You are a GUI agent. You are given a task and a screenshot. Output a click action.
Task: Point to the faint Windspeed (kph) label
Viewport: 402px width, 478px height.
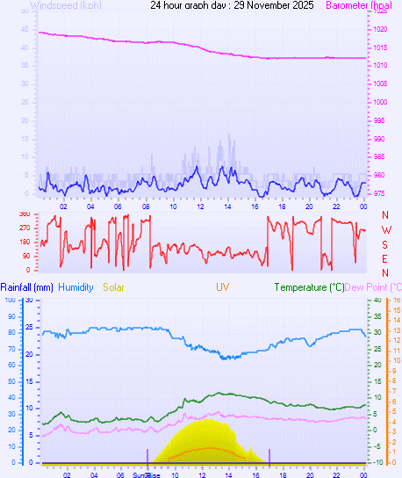coord(65,5)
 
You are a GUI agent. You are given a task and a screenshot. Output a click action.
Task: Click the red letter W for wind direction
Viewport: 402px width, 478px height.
coord(385,229)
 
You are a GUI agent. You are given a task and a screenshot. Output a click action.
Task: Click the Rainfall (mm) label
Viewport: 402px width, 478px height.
coord(26,287)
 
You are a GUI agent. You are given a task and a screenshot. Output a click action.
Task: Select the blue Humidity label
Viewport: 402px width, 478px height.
coord(75,287)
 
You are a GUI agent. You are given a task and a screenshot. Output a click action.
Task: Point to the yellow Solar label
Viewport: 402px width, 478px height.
coord(113,287)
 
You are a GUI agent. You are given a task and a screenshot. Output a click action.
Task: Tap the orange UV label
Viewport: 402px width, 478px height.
coord(222,287)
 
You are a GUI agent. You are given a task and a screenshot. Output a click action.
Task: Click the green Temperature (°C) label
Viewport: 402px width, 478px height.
coord(309,287)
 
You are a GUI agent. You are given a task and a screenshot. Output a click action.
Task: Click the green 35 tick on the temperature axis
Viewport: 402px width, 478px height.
coord(377,315)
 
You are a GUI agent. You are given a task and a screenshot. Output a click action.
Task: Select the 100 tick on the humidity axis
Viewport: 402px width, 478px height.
coord(11,300)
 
